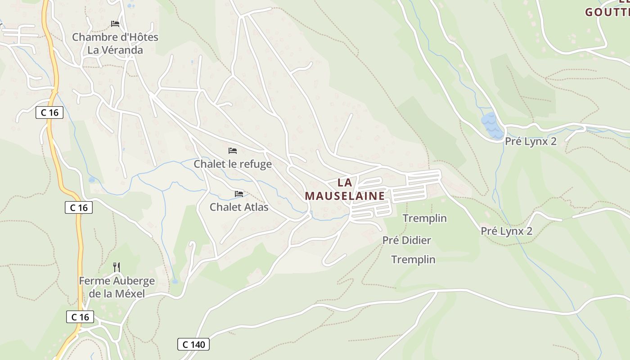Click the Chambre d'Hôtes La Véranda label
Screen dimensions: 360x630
[115, 43]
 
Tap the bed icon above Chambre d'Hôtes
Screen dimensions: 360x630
[115, 23]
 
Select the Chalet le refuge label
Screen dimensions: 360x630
[233, 164]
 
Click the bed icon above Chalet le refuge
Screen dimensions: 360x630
[233, 150]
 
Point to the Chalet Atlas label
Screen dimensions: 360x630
[239, 207]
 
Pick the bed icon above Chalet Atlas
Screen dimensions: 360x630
[239, 194]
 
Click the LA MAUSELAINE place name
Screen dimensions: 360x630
[345, 189]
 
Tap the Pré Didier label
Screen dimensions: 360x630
[407, 240]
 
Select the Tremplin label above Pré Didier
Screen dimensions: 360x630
[425, 218]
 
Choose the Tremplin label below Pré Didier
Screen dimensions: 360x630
[413, 259]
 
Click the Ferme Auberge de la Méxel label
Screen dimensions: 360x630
[117, 287]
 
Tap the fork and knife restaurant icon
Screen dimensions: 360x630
[117, 267]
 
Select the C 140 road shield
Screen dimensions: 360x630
[193, 345]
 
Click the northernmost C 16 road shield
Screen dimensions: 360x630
[49, 112]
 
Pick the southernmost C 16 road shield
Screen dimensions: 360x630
[81, 317]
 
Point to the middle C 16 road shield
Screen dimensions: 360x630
[79, 207]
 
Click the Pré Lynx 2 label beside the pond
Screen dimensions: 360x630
[531, 141]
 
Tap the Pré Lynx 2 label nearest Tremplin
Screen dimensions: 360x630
[507, 231]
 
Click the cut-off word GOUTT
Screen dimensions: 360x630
[607, 12]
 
